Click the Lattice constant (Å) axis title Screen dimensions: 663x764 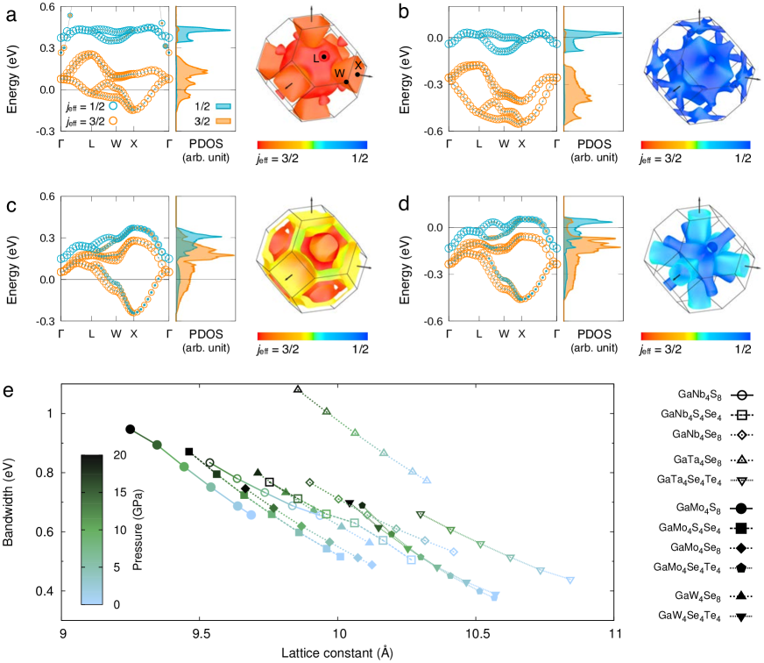(x=338, y=652)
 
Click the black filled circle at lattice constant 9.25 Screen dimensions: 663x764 (x=130, y=429)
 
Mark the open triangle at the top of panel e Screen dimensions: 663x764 (x=298, y=389)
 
